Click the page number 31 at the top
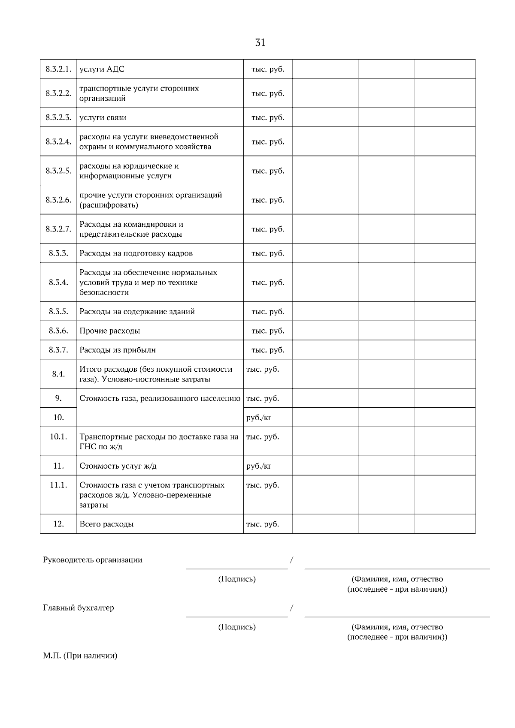[260, 42]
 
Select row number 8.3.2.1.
[58, 69]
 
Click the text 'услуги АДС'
[102, 69]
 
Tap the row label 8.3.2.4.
[58, 141]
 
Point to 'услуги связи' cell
[103, 117]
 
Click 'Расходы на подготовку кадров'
[136, 253]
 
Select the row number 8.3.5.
[58, 312]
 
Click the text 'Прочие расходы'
[110, 331]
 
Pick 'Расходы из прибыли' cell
[118, 350]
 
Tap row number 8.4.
[58, 374]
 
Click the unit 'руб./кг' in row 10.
[259, 417]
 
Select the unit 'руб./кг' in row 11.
[259, 466]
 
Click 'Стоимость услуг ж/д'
[121, 466]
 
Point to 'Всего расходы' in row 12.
[106, 524]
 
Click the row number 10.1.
[58, 437]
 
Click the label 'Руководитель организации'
[92, 560]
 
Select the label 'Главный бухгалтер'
[79, 608]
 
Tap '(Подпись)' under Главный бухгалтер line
[237, 627]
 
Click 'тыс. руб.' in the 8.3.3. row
[268, 253]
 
